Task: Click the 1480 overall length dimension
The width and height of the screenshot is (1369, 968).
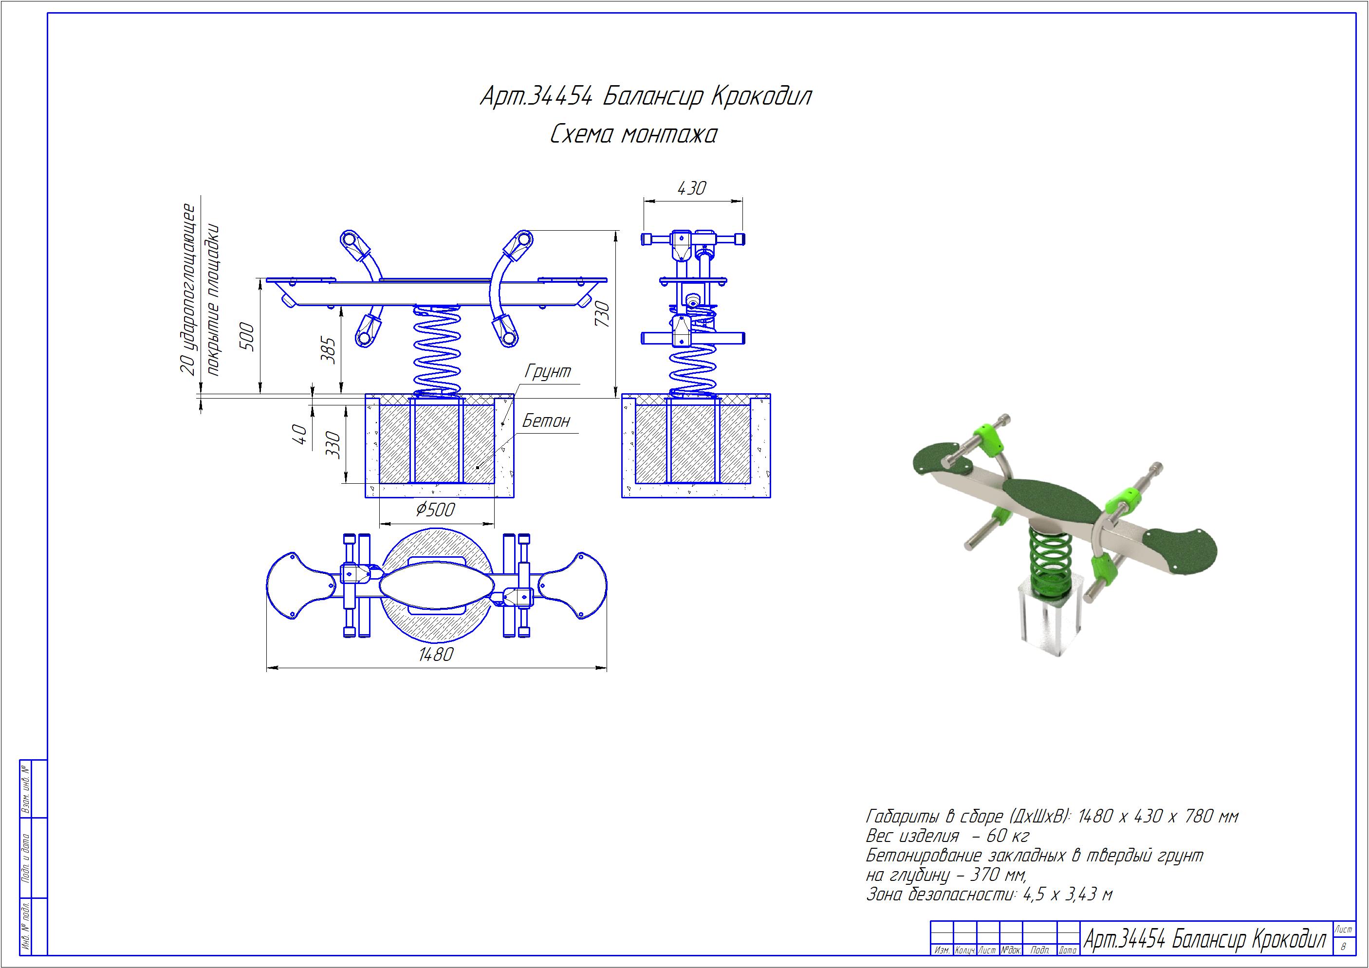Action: click(436, 655)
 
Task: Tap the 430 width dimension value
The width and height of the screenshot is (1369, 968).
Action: click(692, 188)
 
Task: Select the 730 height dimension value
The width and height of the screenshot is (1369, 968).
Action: click(602, 313)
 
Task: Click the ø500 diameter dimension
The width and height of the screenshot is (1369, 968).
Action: click(435, 510)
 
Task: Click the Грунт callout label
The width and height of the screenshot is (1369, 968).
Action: click(547, 371)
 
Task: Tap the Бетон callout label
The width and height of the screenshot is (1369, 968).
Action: click(546, 421)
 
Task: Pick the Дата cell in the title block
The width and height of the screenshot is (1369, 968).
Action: click(1068, 950)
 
